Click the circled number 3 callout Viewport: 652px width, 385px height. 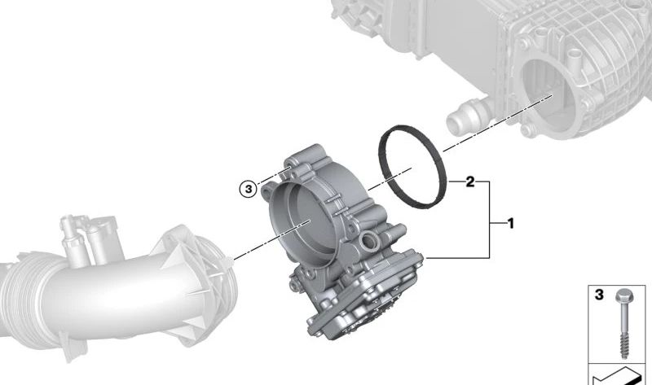tap(249, 190)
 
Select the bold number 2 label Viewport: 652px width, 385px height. tap(470, 182)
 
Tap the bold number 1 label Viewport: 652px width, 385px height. tap(511, 224)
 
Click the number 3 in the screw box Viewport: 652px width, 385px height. tap(599, 295)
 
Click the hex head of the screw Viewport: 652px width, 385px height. tap(623, 296)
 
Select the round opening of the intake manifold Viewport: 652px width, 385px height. tap(548, 94)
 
